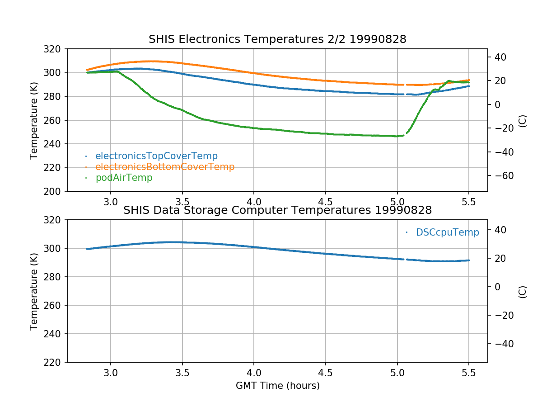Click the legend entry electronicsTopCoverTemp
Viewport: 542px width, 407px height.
[x=156, y=156]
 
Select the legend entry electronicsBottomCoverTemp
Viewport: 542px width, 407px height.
[x=165, y=167]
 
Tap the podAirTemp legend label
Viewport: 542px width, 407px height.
[x=124, y=178]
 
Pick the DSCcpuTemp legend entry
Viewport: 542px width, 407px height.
[x=447, y=232]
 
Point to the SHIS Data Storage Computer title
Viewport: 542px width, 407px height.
[x=277, y=210]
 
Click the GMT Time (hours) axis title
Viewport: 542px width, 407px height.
[x=277, y=386]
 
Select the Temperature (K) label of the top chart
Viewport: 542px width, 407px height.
[x=34, y=120]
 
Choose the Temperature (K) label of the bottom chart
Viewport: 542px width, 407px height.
[x=34, y=291]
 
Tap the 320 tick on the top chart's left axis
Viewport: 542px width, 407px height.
[x=56, y=49]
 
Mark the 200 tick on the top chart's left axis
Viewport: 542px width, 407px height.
[x=56, y=191]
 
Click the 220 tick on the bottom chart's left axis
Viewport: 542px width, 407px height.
[x=56, y=362]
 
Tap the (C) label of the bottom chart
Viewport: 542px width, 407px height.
[x=523, y=292]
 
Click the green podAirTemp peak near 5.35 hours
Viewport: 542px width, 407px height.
[x=449, y=81]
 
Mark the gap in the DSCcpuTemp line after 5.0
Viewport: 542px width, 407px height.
[x=405, y=259]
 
